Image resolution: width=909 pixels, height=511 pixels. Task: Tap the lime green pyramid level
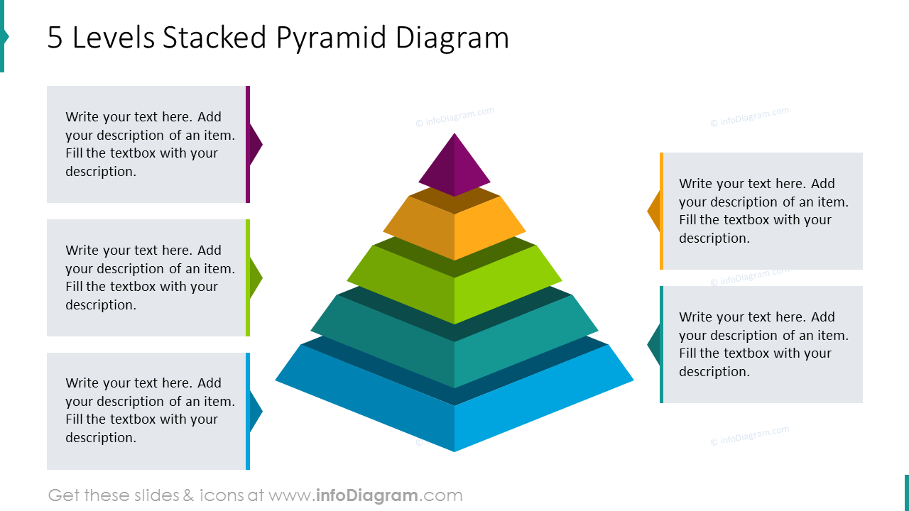point(454,287)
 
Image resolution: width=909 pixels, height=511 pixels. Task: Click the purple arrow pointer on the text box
point(256,144)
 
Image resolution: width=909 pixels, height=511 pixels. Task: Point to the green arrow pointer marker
point(256,278)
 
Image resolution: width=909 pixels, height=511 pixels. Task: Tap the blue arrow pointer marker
point(256,411)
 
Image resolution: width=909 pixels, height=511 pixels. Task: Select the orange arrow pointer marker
point(654,211)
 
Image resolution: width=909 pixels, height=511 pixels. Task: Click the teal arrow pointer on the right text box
point(654,344)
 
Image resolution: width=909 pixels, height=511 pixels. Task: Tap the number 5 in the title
point(55,38)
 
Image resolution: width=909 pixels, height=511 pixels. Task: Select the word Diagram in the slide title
point(452,38)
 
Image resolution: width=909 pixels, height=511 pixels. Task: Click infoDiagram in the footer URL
point(366,495)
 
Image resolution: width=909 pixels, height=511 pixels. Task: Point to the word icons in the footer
point(220,495)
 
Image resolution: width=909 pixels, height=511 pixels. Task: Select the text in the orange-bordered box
point(763,211)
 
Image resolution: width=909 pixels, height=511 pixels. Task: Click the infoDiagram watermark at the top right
point(749,117)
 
